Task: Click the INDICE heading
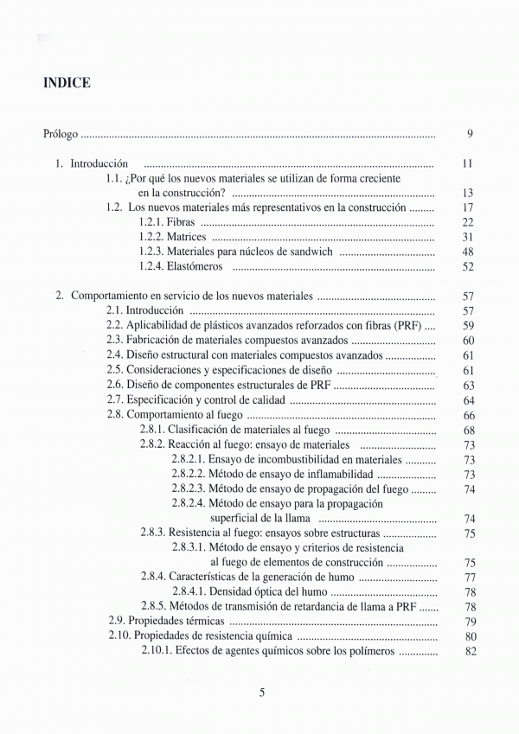click(x=67, y=83)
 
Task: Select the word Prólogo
click(x=61, y=135)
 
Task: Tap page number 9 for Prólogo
click(x=469, y=134)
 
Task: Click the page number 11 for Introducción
click(x=467, y=163)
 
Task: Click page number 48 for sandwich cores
click(x=468, y=252)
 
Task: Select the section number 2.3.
click(x=115, y=340)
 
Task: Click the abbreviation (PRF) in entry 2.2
click(x=409, y=325)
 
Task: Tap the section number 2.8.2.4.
click(x=188, y=503)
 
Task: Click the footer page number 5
click(x=261, y=691)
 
